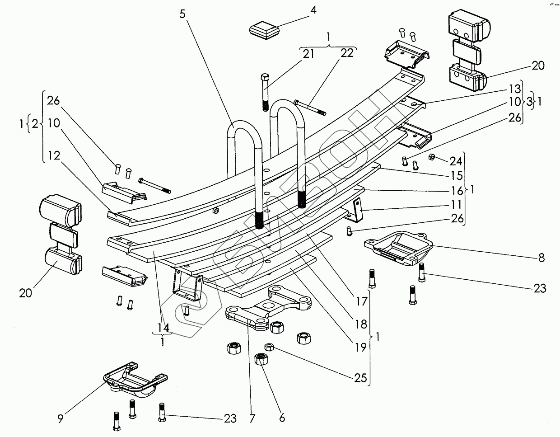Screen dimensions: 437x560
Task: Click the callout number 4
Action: [313, 10]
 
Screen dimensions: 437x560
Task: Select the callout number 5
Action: [182, 13]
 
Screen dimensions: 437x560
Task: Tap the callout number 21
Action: [308, 54]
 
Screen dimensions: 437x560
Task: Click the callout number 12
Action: [53, 156]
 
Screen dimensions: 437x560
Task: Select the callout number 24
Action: [456, 160]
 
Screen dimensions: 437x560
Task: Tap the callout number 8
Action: [541, 258]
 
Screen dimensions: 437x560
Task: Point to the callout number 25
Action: [360, 378]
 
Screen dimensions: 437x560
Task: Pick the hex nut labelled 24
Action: [431, 157]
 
